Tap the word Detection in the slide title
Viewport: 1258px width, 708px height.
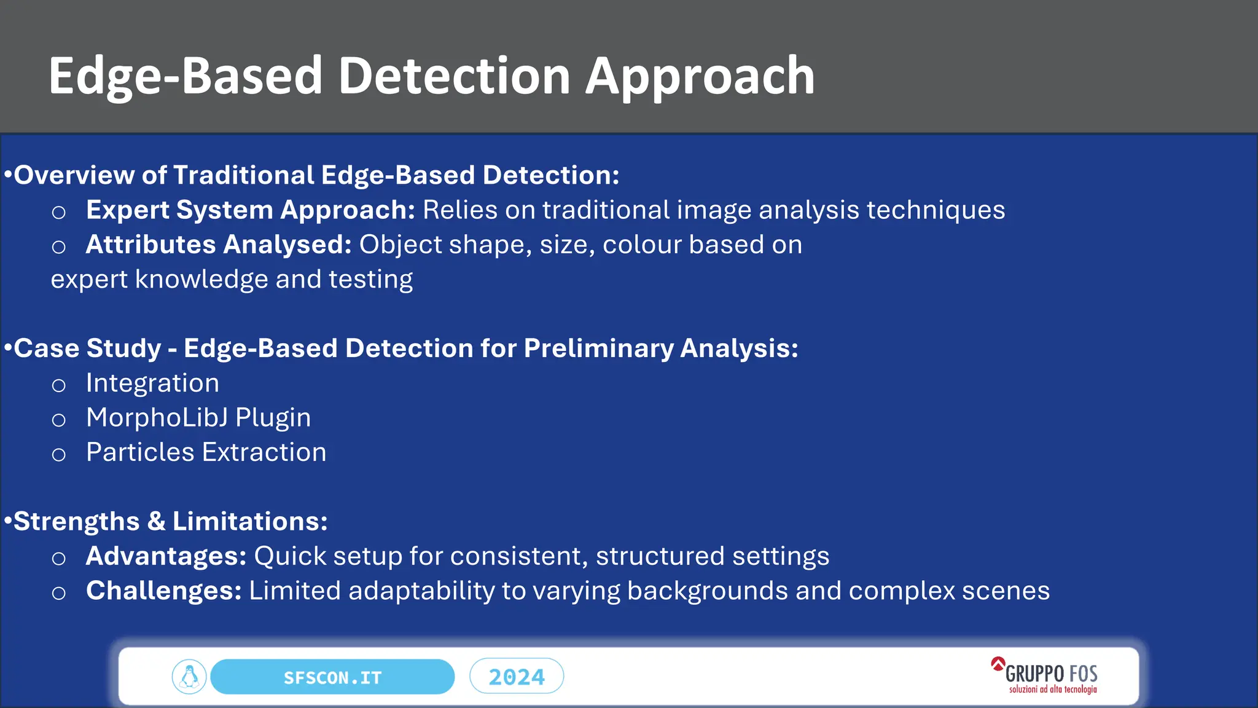click(455, 77)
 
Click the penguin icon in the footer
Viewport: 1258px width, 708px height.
click(189, 677)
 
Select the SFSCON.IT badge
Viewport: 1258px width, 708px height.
click(332, 677)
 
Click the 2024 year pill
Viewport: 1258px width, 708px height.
click(517, 677)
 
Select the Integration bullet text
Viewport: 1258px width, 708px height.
click(152, 383)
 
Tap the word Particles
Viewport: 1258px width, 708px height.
click(140, 452)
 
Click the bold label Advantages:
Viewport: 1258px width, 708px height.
click(166, 556)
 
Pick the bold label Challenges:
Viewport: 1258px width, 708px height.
click(163, 591)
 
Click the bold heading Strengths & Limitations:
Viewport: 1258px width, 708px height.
click(170, 522)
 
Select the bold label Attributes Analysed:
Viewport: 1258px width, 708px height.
click(218, 245)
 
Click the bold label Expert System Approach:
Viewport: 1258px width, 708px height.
click(251, 210)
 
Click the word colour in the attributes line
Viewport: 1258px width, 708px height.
click(641, 245)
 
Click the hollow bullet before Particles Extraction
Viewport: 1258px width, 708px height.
click(58, 455)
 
